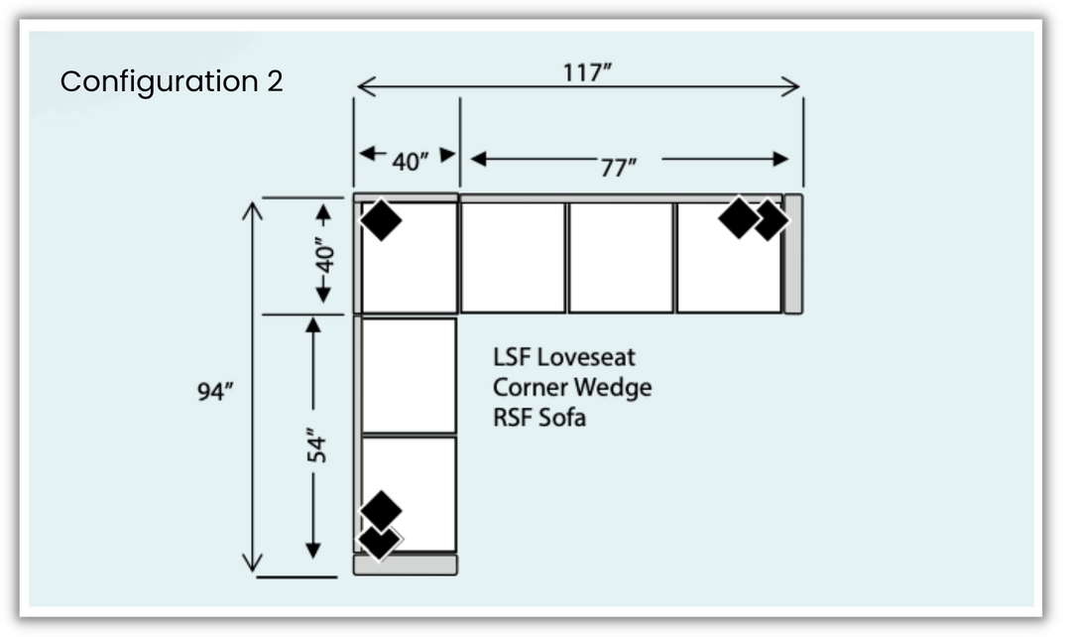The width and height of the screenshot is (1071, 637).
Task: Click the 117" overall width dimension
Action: coord(588,72)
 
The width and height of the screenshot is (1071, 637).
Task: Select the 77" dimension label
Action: coord(618,168)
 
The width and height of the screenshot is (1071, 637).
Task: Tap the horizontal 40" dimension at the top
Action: coord(407,162)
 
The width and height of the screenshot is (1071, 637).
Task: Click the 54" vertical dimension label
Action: coord(314,446)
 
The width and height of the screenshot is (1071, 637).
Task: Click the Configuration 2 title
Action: coord(172,81)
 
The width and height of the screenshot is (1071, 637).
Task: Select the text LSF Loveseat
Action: coord(564,356)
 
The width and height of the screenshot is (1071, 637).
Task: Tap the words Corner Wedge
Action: coord(572,387)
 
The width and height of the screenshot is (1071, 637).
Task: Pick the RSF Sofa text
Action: coord(539,418)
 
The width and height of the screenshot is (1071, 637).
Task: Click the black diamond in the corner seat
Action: coord(381,219)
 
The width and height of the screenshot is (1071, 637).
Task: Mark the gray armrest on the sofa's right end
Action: coord(793,254)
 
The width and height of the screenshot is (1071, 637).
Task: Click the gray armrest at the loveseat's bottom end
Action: coord(406,565)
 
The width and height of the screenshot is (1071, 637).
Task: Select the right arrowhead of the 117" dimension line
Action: coord(791,87)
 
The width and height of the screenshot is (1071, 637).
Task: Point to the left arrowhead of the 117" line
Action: coord(364,87)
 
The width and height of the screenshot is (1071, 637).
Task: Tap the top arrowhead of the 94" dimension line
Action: coord(252,209)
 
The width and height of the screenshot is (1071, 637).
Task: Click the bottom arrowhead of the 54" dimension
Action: coord(313,550)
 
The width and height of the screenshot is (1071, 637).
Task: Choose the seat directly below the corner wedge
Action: coord(409,374)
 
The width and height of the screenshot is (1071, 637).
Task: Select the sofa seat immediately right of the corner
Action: coord(513,257)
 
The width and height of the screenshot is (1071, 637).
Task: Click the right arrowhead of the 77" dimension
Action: coord(780,159)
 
